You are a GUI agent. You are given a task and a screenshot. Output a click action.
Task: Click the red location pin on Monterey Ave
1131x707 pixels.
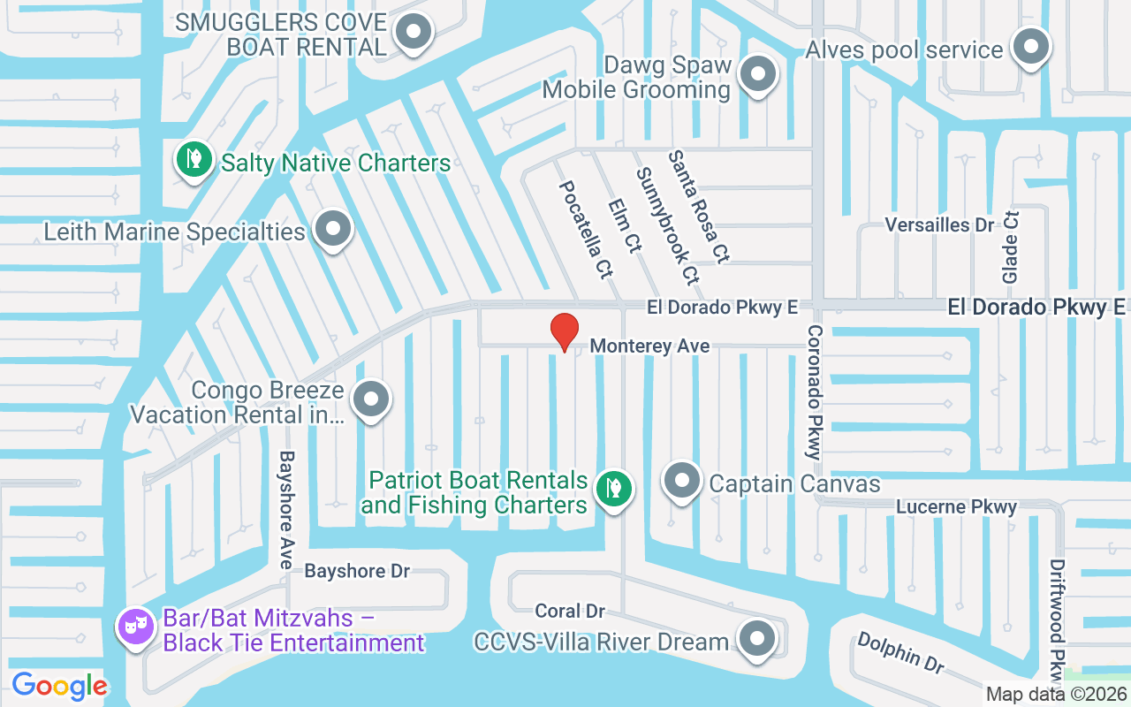(x=565, y=331)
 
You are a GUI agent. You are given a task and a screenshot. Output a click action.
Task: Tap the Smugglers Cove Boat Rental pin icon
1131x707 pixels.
(x=413, y=33)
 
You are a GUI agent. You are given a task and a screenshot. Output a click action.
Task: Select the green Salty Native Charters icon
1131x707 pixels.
(x=193, y=159)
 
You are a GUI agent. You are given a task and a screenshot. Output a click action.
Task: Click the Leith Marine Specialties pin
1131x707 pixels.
(x=333, y=229)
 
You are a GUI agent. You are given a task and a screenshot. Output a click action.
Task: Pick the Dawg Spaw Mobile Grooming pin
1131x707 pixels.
(x=755, y=74)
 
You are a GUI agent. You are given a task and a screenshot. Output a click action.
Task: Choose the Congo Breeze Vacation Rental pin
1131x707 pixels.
(x=372, y=399)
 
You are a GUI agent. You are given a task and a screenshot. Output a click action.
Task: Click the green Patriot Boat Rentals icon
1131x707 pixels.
(x=611, y=487)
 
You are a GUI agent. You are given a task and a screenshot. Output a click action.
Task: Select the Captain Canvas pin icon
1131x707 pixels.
(x=682, y=481)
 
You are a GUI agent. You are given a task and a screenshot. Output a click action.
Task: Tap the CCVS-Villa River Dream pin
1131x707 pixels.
(x=756, y=639)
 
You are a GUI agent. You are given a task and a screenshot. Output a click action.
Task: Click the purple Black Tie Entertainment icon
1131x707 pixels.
(x=135, y=627)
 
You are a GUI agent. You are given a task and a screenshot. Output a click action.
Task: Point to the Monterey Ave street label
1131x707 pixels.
(x=649, y=346)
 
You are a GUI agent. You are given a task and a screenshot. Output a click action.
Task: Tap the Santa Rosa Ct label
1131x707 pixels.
(x=698, y=207)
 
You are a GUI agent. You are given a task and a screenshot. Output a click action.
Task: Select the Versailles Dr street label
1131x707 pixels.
(x=939, y=224)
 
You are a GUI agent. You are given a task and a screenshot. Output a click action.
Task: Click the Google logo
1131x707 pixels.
(x=59, y=685)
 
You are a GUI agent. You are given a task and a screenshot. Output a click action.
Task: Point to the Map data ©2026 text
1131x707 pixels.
(x=1055, y=694)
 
